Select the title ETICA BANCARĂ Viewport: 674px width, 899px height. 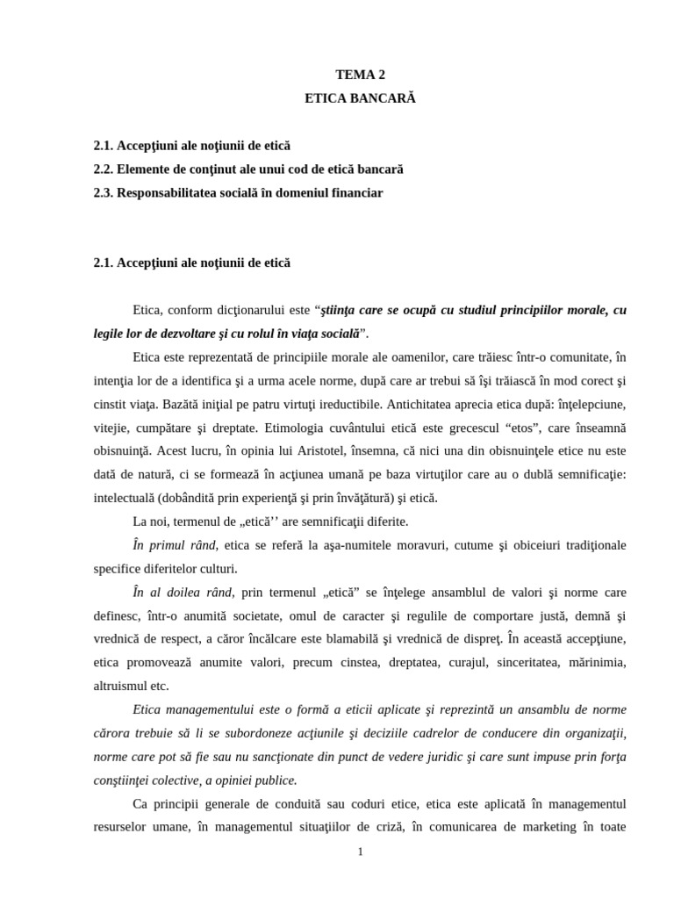[360, 98]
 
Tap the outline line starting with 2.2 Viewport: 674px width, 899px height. [248, 169]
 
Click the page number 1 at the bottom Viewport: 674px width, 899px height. [360, 852]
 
